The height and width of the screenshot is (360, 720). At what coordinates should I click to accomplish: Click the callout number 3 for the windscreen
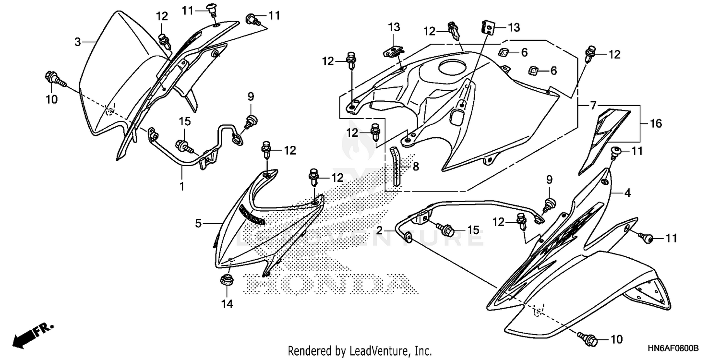click(78, 42)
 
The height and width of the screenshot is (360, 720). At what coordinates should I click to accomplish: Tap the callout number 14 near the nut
click(226, 303)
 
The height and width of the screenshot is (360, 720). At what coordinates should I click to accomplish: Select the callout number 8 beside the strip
click(416, 167)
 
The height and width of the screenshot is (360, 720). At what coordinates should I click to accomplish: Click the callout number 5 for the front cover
click(198, 223)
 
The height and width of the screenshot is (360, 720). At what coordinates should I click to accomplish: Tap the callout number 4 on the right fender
click(627, 193)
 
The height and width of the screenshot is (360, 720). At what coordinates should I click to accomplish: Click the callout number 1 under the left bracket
click(182, 186)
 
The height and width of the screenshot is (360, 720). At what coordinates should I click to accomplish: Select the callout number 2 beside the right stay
click(380, 230)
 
